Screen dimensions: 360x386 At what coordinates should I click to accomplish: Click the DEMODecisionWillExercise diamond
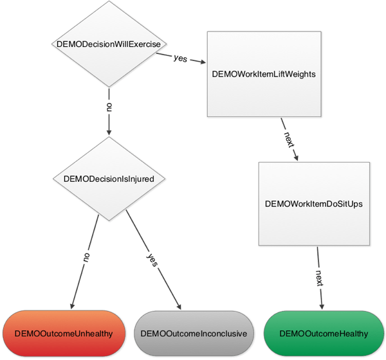109,44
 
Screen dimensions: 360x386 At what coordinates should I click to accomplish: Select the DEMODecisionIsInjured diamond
109,179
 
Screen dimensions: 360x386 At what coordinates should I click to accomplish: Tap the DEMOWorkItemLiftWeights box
263,73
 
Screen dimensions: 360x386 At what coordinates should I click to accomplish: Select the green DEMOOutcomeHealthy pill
324,334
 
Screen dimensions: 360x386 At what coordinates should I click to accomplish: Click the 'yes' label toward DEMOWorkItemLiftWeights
181,59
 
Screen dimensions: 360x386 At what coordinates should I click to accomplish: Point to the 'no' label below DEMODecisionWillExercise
109,106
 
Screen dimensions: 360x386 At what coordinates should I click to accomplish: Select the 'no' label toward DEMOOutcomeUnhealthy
85,255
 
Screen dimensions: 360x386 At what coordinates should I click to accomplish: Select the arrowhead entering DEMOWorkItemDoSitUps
296,157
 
